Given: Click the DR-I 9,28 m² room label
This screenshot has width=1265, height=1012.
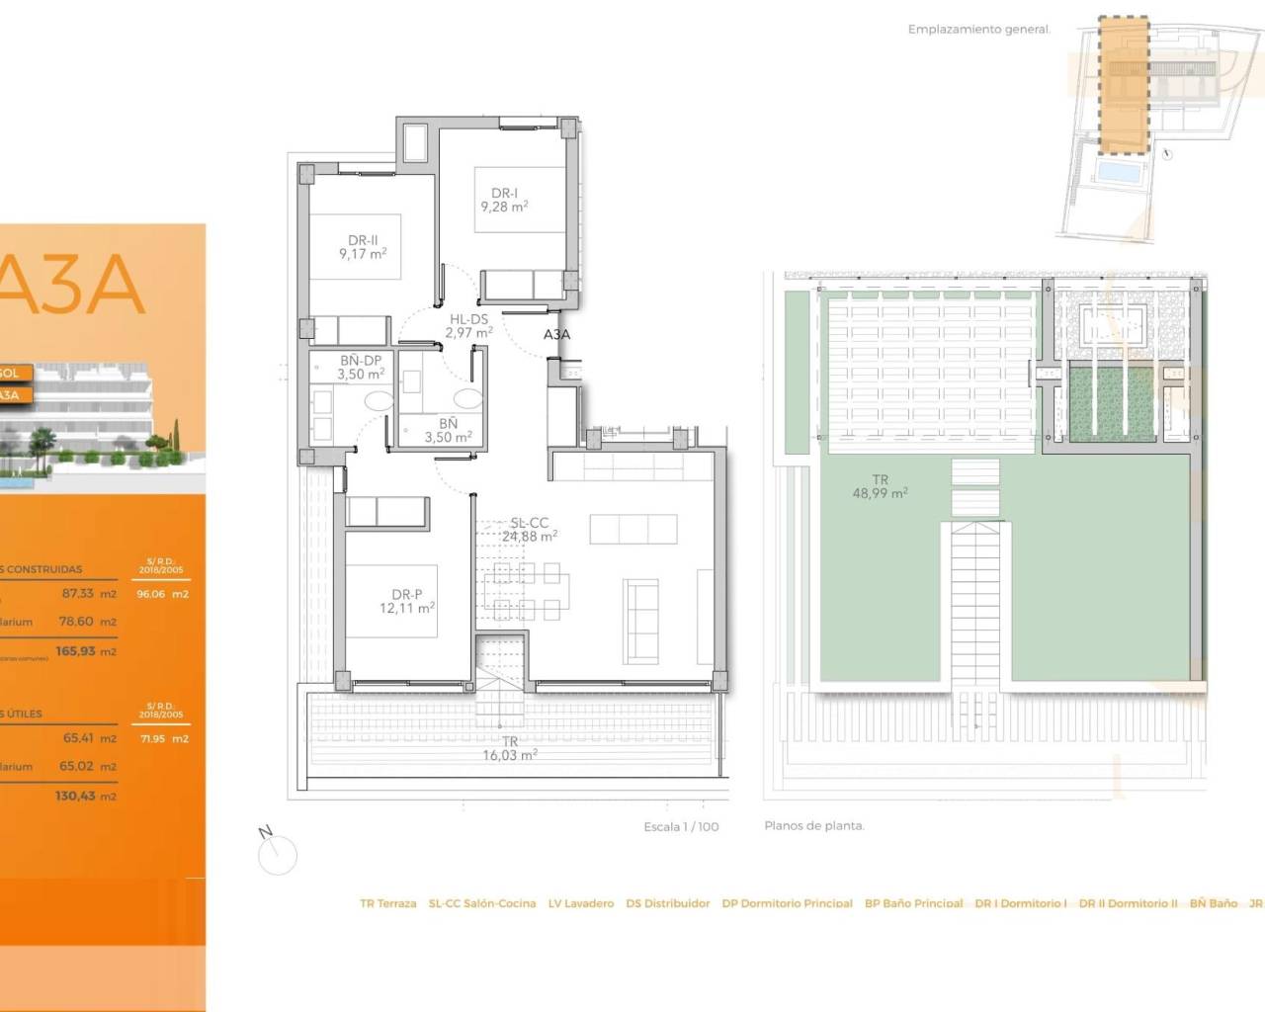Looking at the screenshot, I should [504, 201].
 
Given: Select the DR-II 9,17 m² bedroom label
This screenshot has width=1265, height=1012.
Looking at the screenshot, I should [363, 247].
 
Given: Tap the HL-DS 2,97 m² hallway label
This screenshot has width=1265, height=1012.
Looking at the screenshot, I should [468, 326].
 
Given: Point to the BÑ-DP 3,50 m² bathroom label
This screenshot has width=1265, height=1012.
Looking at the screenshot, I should [361, 368].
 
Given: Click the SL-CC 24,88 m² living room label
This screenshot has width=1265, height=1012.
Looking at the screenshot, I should [529, 530].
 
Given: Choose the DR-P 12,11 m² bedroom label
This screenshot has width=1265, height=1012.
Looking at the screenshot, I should [406, 602].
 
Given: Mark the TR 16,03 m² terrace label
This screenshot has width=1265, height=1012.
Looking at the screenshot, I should [510, 748].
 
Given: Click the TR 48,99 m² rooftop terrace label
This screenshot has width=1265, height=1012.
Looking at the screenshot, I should [880, 486].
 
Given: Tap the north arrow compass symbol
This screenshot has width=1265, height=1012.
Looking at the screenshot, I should [277, 853].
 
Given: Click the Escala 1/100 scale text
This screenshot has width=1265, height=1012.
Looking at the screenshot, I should [681, 827].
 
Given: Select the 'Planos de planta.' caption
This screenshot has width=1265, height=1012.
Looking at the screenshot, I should [813, 826].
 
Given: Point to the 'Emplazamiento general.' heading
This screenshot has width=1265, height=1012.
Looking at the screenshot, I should [978, 30].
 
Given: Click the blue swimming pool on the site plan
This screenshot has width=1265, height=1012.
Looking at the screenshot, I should [1118, 174].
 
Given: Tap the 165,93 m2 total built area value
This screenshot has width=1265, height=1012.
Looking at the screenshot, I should [86, 652].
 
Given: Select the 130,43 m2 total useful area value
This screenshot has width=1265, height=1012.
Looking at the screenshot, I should [86, 797].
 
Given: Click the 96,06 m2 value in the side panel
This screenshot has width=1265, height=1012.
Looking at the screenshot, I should [162, 594].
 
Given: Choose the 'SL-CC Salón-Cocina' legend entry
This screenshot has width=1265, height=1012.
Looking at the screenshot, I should [482, 903].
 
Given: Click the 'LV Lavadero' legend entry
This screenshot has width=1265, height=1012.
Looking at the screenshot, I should [581, 903].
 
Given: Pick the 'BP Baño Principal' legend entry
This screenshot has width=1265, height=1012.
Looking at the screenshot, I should [913, 903].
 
